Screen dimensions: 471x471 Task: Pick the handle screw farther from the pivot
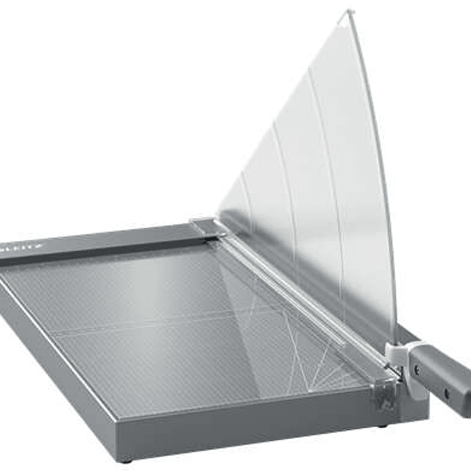[x=448, y=394]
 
